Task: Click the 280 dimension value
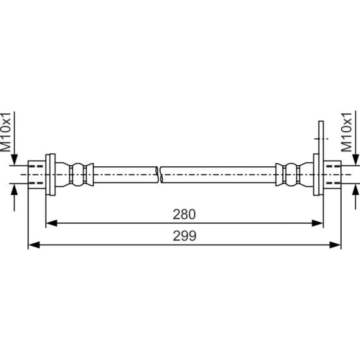click(x=184, y=214)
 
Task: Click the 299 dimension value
click(x=185, y=236)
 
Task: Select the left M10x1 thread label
click(x=5, y=132)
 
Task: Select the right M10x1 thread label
click(x=347, y=132)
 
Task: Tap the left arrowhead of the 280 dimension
click(x=51, y=223)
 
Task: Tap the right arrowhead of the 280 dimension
click(x=318, y=223)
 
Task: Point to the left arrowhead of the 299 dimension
click(x=34, y=245)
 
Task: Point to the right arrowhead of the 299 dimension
click(x=335, y=245)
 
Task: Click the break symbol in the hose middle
click(x=159, y=175)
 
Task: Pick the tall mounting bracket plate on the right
click(x=321, y=158)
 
